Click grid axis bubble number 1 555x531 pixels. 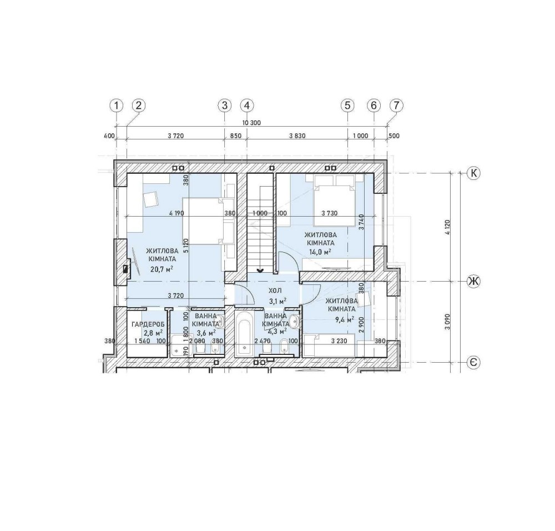(x=117, y=106)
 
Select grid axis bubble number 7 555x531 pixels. (x=396, y=106)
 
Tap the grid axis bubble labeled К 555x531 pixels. (x=473, y=173)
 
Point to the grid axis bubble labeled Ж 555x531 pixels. (x=473, y=282)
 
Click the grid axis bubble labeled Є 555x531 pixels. (x=473, y=362)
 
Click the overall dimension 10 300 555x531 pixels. (x=251, y=123)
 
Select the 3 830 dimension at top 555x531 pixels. (x=297, y=136)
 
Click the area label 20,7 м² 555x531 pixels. (x=162, y=269)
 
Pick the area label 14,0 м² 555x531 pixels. (x=320, y=252)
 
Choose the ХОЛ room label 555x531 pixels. (x=275, y=291)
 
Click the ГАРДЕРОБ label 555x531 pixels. (x=148, y=324)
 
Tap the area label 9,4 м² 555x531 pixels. (x=345, y=320)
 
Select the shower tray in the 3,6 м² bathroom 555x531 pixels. (x=181, y=345)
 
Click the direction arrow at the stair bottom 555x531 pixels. (x=260, y=270)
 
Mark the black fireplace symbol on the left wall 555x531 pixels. (x=125, y=269)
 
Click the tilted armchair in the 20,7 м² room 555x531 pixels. (x=151, y=199)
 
